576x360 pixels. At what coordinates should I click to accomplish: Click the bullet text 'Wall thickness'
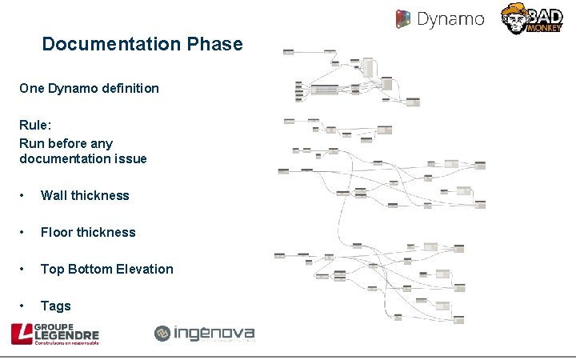[x=85, y=195]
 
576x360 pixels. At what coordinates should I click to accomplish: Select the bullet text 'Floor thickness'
[x=88, y=232]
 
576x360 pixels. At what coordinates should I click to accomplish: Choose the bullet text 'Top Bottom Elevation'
[x=106, y=269]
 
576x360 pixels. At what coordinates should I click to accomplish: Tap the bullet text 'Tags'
[x=56, y=306]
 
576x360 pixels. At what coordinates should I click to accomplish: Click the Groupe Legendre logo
[x=54, y=334]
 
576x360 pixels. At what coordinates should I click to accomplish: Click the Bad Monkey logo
[x=531, y=18]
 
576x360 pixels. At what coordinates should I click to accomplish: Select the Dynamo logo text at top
[x=452, y=18]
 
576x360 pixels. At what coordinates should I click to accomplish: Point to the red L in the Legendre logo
[x=21, y=334]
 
